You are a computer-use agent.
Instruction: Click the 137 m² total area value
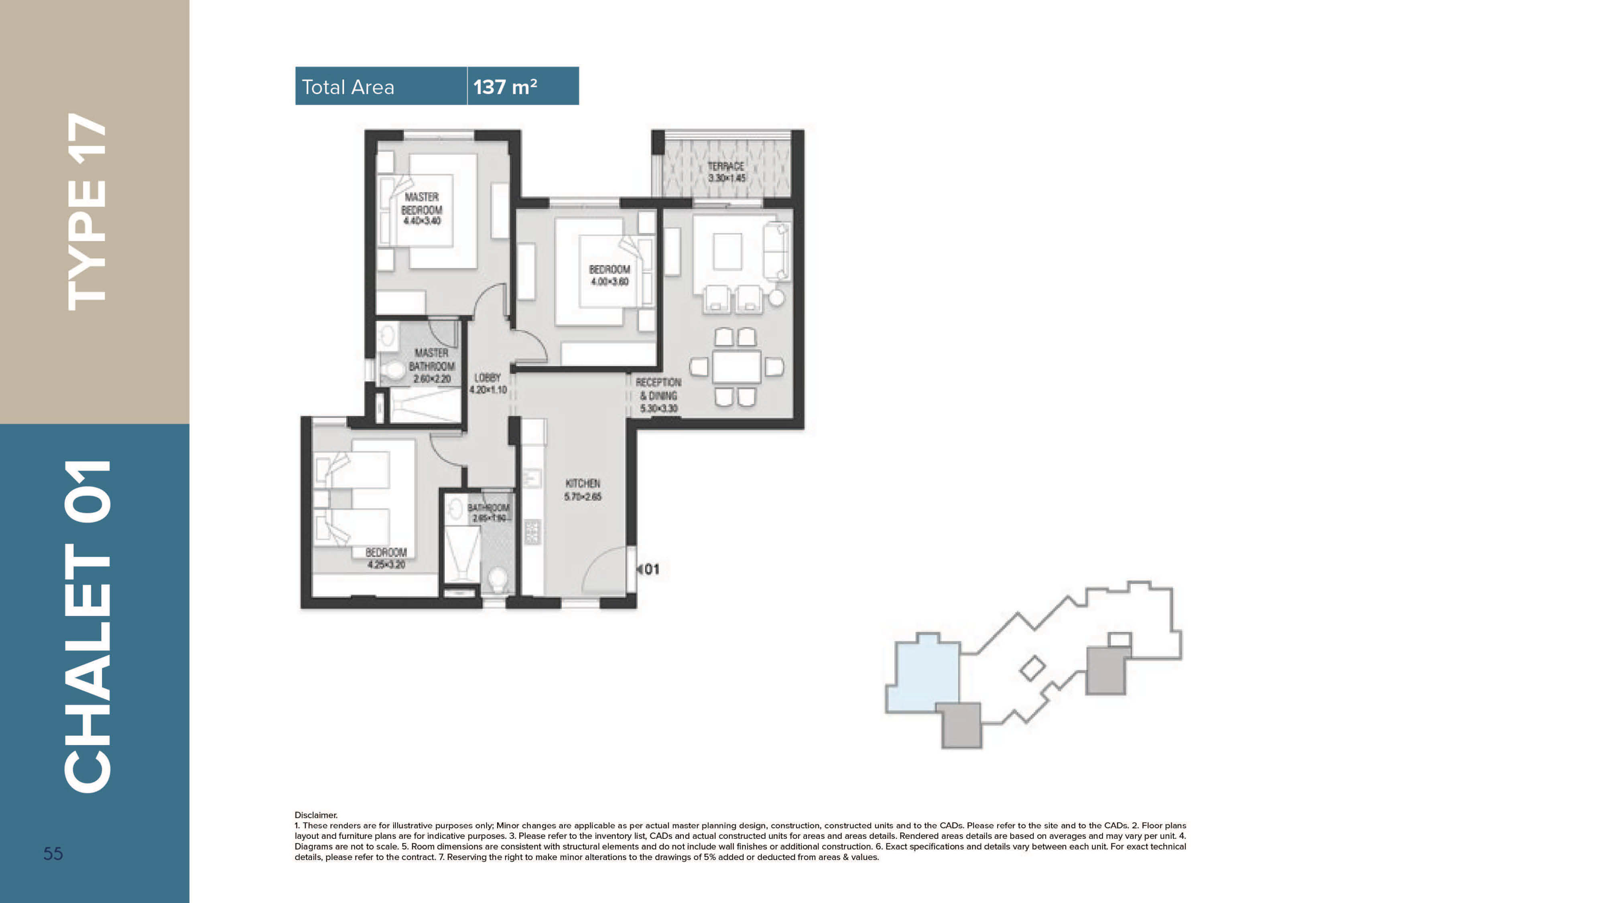(x=505, y=87)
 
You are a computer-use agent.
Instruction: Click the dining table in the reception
(x=736, y=367)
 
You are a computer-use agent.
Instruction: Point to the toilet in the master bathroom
(x=392, y=372)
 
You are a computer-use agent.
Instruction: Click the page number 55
(x=53, y=854)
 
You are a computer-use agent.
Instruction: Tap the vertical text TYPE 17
(x=87, y=212)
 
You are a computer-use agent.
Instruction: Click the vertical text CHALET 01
(x=87, y=626)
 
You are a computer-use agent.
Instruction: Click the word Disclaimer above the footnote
(x=316, y=814)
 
